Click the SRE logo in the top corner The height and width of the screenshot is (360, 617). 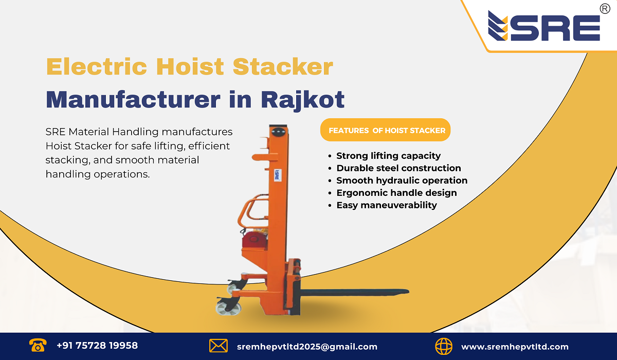544,27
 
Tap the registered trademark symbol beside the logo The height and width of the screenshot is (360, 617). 605,9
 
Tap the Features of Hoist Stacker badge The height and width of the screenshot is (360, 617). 387,131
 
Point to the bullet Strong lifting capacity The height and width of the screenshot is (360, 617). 388,156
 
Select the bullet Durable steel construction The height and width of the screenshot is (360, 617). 398,168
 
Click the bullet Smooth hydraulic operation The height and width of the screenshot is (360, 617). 402,181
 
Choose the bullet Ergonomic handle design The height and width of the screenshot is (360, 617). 396,193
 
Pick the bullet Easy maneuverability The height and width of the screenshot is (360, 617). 386,205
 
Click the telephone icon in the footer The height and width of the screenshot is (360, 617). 38,345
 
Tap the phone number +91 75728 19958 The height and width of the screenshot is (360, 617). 97,346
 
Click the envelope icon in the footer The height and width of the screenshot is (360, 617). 219,346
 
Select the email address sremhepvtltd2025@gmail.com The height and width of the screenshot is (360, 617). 307,347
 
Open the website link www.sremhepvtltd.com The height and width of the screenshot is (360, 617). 515,347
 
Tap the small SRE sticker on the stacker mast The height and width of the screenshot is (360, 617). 276,175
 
